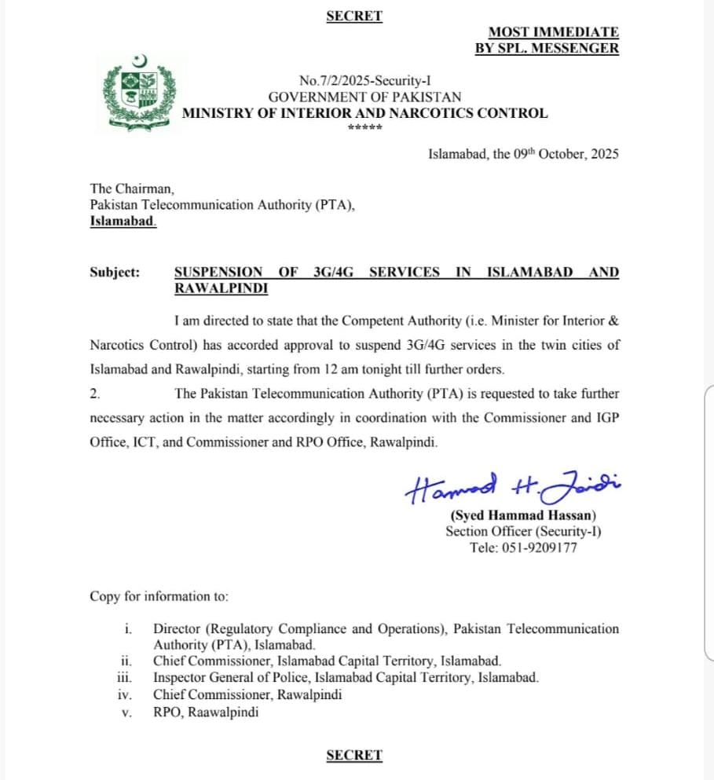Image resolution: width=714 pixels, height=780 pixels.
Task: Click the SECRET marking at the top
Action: coord(354,16)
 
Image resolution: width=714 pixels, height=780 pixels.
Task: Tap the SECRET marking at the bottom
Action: coord(354,756)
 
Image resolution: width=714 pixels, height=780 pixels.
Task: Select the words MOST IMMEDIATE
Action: coord(553,32)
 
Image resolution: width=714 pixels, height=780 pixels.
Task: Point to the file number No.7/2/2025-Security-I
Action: coord(365,80)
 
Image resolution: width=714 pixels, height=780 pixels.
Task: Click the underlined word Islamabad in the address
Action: coord(123,222)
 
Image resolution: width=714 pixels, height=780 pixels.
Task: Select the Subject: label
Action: coord(115,273)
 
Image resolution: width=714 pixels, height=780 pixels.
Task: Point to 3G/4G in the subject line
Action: coord(334,273)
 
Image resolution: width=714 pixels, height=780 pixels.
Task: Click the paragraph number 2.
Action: coord(94,394)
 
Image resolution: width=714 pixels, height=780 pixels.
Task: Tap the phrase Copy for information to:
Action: coord(159,597)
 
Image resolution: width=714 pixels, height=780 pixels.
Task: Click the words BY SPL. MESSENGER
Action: coord(547,49)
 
